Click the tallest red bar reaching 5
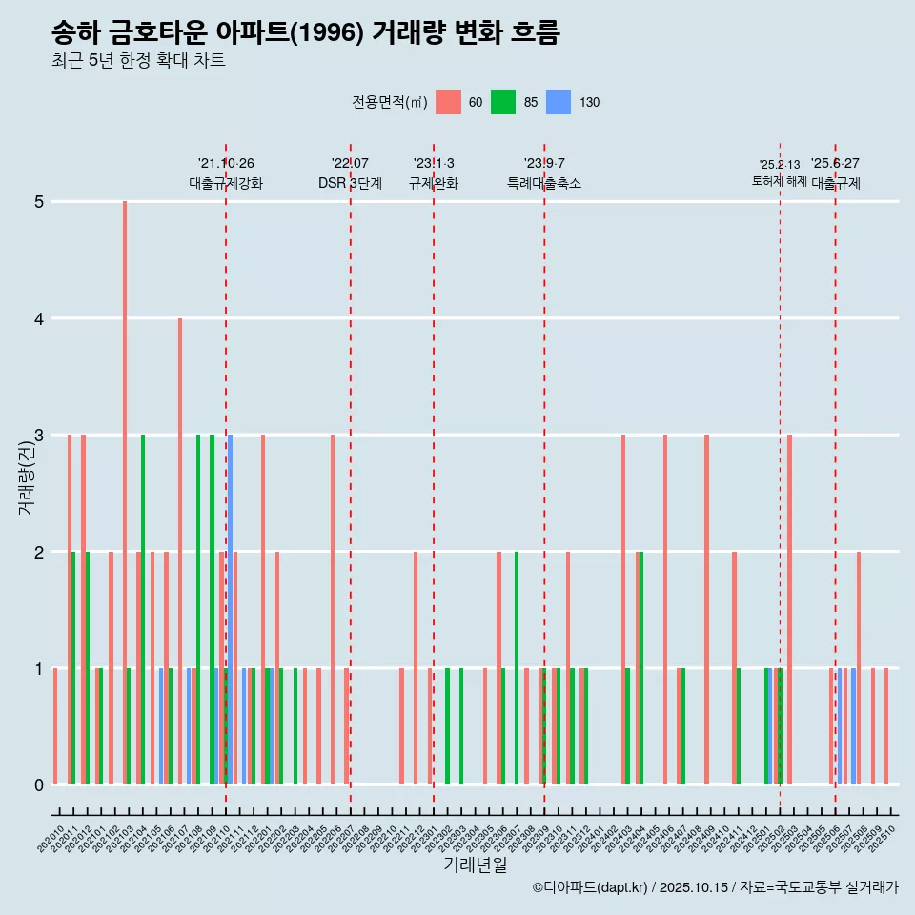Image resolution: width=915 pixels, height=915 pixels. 125,492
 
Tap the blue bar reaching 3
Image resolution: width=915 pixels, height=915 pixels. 231,610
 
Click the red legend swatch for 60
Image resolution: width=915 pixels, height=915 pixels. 448,102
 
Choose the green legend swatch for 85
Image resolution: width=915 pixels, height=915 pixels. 503,102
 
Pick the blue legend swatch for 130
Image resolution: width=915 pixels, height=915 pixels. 559,102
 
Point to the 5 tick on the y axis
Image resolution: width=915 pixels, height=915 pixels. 39,202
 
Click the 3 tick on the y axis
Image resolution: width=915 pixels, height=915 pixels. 39,436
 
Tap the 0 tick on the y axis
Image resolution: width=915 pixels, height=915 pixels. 39,785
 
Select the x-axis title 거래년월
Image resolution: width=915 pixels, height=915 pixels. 475,864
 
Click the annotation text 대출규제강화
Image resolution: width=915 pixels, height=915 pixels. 226,183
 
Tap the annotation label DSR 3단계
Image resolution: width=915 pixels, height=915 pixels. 351,183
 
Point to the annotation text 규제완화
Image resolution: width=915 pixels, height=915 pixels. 434,183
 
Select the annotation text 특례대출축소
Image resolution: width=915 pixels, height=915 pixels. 544,183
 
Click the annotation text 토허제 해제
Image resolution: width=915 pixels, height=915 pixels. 780,181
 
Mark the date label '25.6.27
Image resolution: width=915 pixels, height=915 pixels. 835,163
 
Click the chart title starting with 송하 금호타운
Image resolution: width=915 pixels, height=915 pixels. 305,33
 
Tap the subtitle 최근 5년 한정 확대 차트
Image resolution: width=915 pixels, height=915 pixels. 138,61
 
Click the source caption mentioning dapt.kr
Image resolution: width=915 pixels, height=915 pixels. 715,887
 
